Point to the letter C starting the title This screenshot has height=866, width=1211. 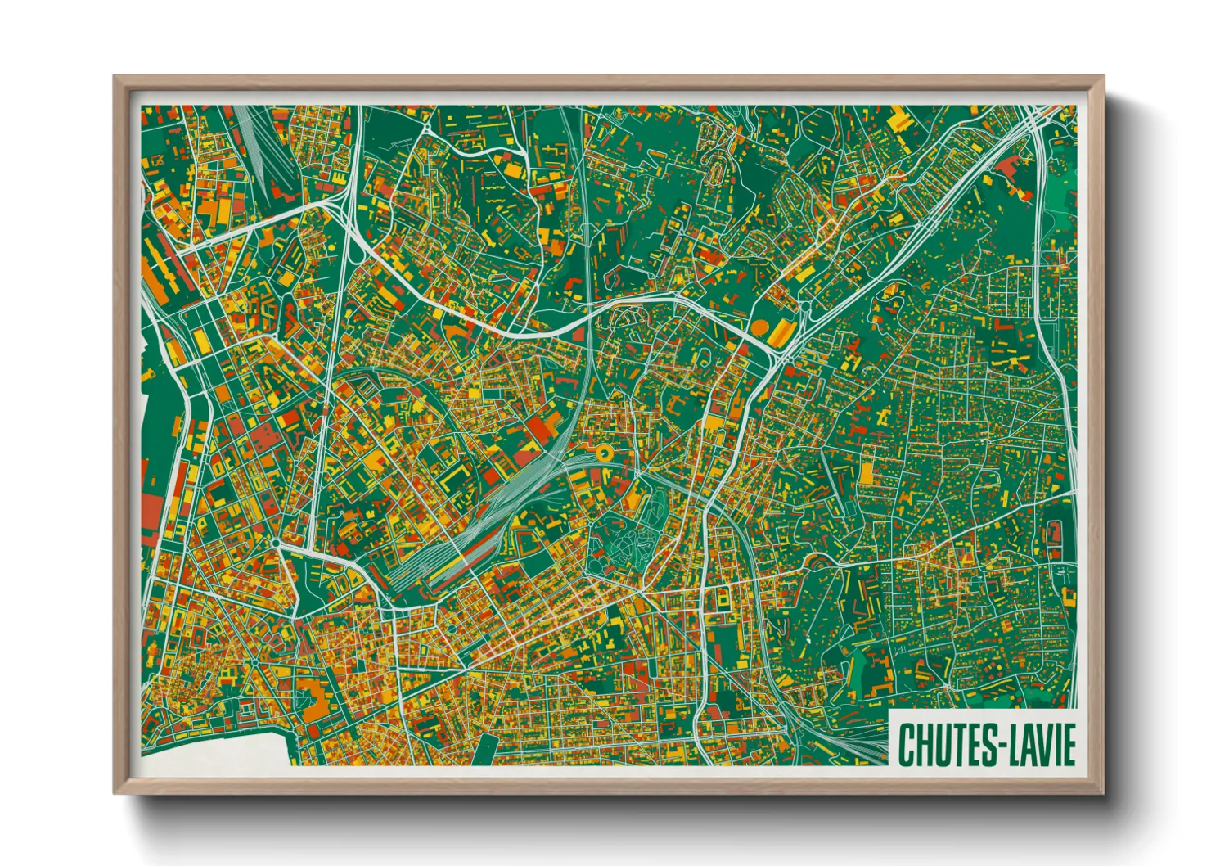[906, 745]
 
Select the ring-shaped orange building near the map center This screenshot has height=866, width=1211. [604, 452]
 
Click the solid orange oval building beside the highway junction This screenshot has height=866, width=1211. [760, 327]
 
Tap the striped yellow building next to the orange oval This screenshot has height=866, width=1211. [782, 332]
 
